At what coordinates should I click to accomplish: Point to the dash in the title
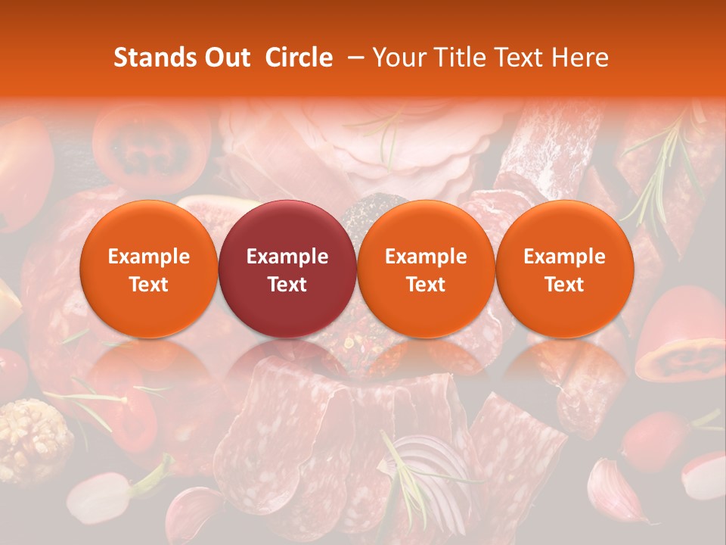[352, 58]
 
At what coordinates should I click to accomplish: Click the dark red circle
[287, 269]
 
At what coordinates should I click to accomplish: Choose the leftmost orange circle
[149, 269]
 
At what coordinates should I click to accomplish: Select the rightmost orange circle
[564, 269]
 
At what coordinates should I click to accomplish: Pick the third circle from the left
[426, 269]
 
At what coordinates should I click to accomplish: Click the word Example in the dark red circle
[287, 257]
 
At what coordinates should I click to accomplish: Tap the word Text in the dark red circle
[287, 285]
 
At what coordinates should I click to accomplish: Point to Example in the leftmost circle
[149, 257]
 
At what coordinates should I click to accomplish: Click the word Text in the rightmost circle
[564, 285]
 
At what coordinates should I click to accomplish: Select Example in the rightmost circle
[564, 257]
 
